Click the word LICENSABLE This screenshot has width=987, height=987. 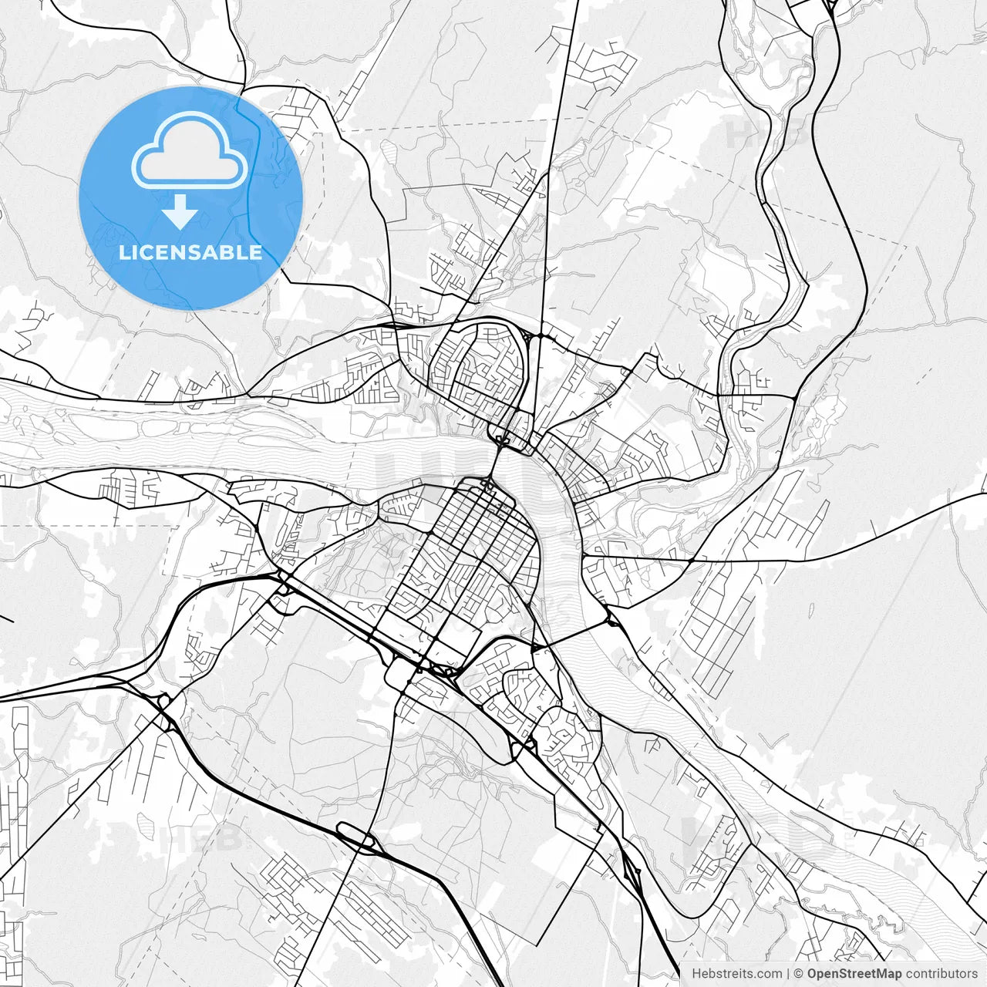point(190,252)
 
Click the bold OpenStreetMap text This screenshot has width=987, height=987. point(854,974)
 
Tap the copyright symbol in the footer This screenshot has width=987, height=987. point(799,974)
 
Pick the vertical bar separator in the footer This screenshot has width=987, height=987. point(788,974)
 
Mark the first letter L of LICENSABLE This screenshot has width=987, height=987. point(123,252)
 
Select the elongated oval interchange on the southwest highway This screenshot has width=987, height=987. point(355,836)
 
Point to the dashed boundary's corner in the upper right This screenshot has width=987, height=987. point(907,245)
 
